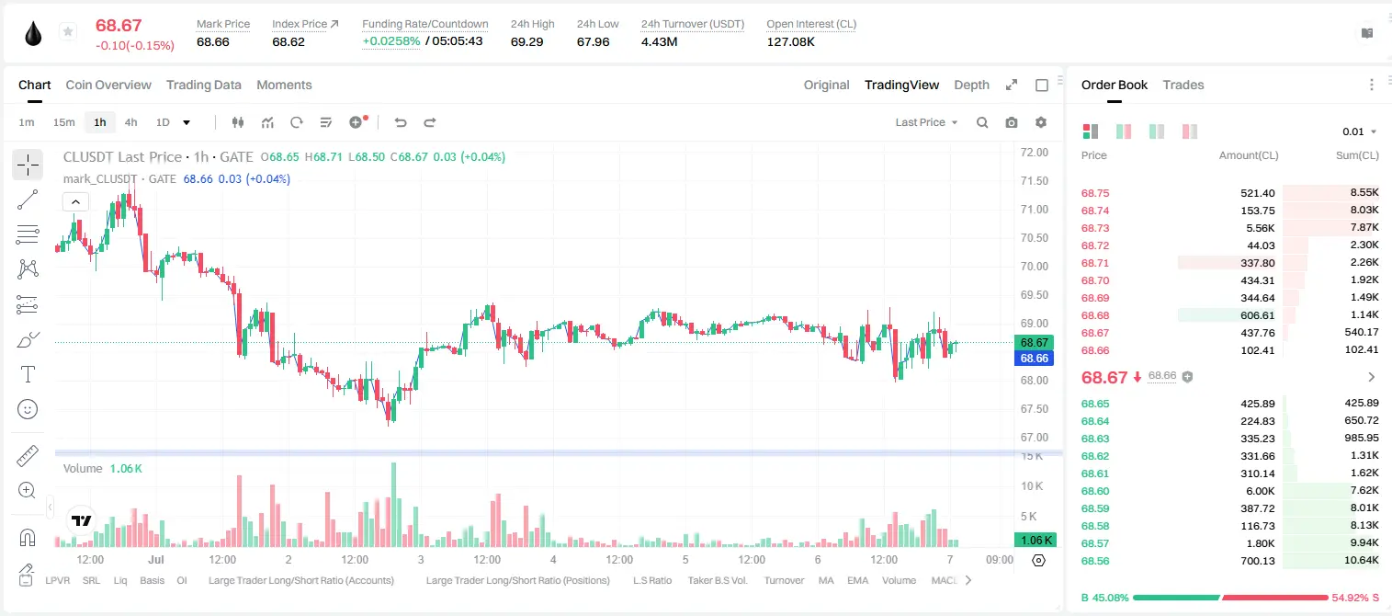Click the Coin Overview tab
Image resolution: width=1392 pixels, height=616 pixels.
point(108,85)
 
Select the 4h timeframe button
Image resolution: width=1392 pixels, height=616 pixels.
point(130,122)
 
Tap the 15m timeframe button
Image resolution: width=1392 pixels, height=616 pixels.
point(64,122)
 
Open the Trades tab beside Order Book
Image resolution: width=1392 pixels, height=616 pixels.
point(1183,85)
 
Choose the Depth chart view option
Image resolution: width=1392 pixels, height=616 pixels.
point(971,85)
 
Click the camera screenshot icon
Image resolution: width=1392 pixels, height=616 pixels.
point(1012,122)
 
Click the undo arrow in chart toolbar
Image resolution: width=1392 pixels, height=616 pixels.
point(401,122)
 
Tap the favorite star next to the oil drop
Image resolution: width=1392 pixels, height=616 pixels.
point(68,31)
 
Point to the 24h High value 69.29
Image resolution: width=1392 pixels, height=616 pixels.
point(527,41)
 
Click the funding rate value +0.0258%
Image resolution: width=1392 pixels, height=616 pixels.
point(391,41)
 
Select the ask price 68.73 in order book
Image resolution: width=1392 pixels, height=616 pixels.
point(1095,228)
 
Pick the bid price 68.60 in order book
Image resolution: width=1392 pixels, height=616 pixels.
point(1095,491)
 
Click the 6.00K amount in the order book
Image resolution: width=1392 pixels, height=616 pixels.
point(1260,491)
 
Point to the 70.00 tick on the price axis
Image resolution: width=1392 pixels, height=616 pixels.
point(1034,266)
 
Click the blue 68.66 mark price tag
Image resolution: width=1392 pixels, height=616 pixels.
point(1034,358)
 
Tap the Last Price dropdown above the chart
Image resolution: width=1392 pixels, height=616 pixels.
point(926,122)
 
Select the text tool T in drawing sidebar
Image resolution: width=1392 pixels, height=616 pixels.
point(28,374)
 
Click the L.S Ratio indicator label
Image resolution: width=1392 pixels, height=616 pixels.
point(651,580)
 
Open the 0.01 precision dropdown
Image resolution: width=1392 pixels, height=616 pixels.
point(1360,131)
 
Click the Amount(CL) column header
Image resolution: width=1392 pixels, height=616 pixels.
point(1249,155)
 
